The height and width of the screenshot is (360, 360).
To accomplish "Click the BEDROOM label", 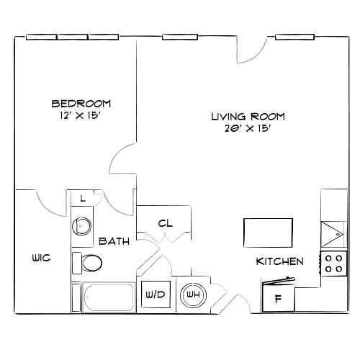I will [81, 103].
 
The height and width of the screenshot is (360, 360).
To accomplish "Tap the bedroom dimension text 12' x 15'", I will [81, 115].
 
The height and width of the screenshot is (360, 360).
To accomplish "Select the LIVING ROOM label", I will [248, 116].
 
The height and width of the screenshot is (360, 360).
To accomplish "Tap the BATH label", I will [114, 241].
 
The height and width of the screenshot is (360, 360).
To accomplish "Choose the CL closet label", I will [165, 223].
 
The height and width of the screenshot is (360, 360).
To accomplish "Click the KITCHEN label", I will [280, 261].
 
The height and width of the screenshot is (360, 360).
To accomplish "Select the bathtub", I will [107, 297].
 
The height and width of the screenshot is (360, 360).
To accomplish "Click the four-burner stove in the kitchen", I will [334, 264].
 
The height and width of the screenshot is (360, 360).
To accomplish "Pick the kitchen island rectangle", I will [268, 233].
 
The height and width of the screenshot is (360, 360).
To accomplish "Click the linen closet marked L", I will [84, 199].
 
